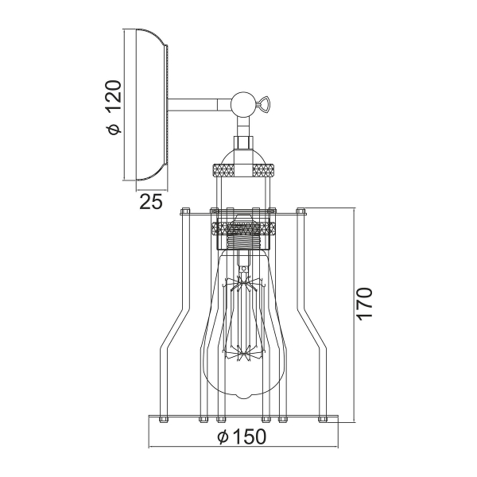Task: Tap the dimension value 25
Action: [151, 202]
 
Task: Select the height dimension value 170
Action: [364, 304]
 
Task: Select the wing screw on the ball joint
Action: [262, 104]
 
